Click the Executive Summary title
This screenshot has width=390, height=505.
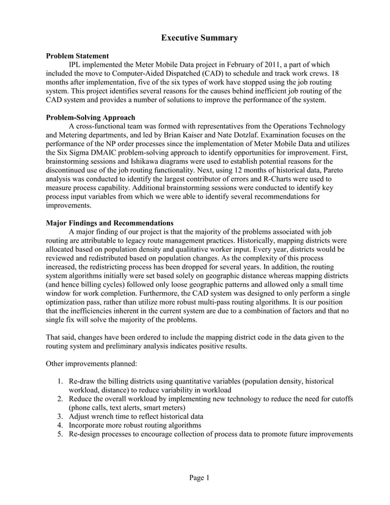[199, 39]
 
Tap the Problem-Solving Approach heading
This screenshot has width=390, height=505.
[91, 117]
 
